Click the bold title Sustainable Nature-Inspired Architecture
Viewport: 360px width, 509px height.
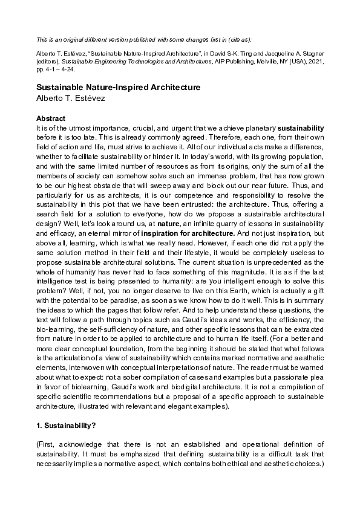pos(118,87)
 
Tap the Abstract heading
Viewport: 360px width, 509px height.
pos(51,118)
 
